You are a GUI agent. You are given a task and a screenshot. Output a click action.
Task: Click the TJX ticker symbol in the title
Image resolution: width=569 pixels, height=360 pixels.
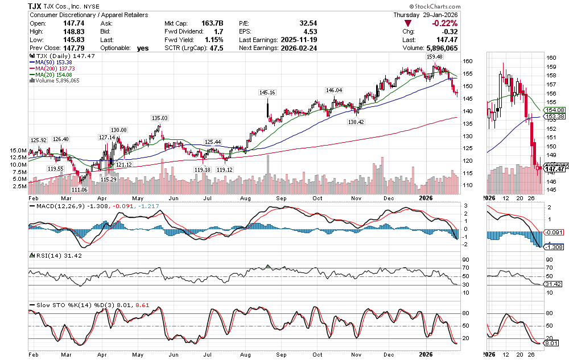37,5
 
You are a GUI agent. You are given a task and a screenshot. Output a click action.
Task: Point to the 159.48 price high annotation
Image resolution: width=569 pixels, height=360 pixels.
434,57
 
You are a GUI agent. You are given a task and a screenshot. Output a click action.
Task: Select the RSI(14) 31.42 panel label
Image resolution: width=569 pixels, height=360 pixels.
53,255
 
